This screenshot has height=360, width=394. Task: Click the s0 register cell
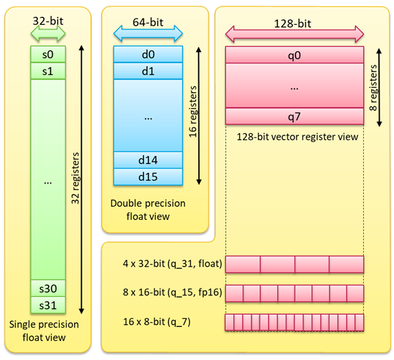48,54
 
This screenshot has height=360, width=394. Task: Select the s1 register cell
48,71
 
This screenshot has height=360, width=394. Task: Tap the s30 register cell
48,288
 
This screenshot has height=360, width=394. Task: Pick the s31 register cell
48,305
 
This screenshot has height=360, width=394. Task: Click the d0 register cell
148,54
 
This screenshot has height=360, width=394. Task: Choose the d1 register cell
148,71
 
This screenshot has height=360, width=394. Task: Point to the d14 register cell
148,160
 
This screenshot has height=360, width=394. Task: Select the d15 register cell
148,177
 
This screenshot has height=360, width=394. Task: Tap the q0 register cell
294,55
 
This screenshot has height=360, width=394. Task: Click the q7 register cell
294,116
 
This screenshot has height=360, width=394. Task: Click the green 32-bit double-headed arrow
48,34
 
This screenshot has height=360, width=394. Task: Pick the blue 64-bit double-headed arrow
148,34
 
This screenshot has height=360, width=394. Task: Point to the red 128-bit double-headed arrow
294,34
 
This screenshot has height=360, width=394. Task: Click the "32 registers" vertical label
75,178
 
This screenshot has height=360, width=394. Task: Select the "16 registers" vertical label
193,112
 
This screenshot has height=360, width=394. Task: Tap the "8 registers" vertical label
373,87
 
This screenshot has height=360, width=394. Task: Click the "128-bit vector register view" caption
297,137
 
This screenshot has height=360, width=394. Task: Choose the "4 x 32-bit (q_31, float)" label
172,264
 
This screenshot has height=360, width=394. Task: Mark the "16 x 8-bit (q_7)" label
157,322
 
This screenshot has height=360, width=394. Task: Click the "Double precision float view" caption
148,210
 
